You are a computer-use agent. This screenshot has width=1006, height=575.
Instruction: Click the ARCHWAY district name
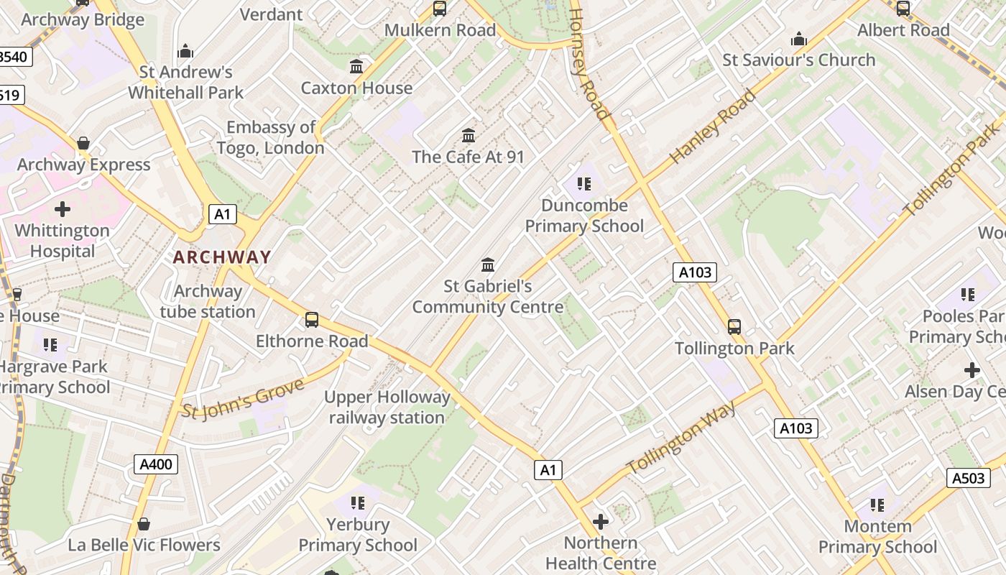tap(222, 257)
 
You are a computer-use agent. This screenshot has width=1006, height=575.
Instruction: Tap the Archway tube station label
tap(208, 301)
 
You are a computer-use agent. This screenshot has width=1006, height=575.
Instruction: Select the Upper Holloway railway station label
tap(387, 407)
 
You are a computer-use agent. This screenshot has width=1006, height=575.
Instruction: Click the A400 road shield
tap(155, 464)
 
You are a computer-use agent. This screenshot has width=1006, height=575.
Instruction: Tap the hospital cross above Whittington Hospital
tap(63, 209)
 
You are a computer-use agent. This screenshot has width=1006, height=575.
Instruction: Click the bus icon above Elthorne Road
tap(312, 320)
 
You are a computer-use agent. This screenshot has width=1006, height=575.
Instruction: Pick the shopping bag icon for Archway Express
tap(83, 143)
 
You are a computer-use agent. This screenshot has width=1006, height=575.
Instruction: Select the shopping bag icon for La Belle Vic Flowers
tap(144, 524)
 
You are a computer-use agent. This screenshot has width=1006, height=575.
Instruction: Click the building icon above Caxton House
tap(356, 67)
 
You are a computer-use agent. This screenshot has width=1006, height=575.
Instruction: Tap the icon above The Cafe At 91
tap(469, 135)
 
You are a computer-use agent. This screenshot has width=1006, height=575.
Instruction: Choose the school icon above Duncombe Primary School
tap(584, 184)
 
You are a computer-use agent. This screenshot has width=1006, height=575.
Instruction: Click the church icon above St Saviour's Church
tap(798, 39)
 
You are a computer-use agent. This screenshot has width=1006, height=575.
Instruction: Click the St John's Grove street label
tap(243, 398)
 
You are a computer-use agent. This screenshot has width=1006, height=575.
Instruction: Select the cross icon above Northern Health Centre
tap(601, 521)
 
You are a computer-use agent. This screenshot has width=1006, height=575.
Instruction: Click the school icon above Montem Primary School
tap(877, 505)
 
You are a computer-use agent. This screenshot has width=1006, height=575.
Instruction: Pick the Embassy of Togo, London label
tap(271, 137)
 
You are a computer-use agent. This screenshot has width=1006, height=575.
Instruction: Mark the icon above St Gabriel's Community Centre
tap(488, 264)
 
